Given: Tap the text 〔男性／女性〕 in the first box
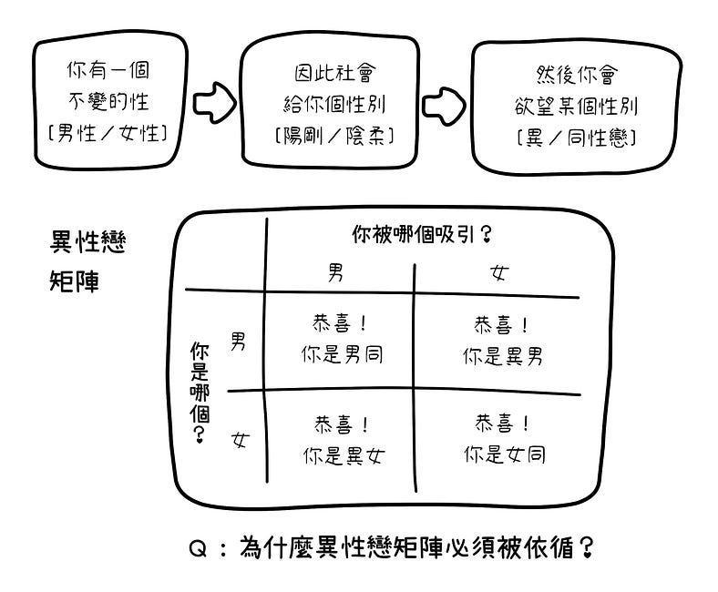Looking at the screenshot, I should point(108,133).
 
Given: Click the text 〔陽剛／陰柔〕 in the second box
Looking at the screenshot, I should point(333,137).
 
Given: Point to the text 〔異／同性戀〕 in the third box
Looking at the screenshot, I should point(575,138).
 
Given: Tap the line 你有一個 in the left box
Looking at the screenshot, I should point(108,69).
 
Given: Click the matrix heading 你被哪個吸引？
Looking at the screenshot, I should point(421,234).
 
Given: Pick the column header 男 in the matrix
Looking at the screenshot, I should point(336,271).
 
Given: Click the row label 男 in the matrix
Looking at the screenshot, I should point(238,342).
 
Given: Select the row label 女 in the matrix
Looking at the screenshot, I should point(240,441).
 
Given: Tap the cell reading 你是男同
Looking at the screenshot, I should point(342,354).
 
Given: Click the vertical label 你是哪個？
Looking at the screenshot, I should point(200,393).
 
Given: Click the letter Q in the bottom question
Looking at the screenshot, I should point(199,548).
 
